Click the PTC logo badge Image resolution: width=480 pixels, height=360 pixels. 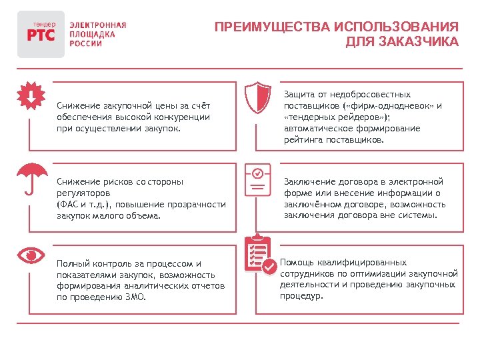coord(41,33)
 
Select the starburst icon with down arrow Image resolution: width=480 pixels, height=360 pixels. coord(31,97)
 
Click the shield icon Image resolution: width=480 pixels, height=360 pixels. coord(257,98)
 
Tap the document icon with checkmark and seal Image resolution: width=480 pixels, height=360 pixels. coord(257,178)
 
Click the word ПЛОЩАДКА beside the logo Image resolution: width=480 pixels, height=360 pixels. coord(93,34)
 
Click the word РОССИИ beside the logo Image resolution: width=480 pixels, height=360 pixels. coord(86,43)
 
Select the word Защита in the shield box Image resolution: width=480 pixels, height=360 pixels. coord(298,95)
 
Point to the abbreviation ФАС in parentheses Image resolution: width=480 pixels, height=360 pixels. coord(67,204)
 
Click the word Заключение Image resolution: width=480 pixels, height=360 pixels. coord(309,181)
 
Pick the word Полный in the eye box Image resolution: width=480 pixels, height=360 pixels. coord(72,263)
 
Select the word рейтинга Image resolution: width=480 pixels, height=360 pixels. coord(302,140)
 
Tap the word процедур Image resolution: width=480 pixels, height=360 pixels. coord(301,296)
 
